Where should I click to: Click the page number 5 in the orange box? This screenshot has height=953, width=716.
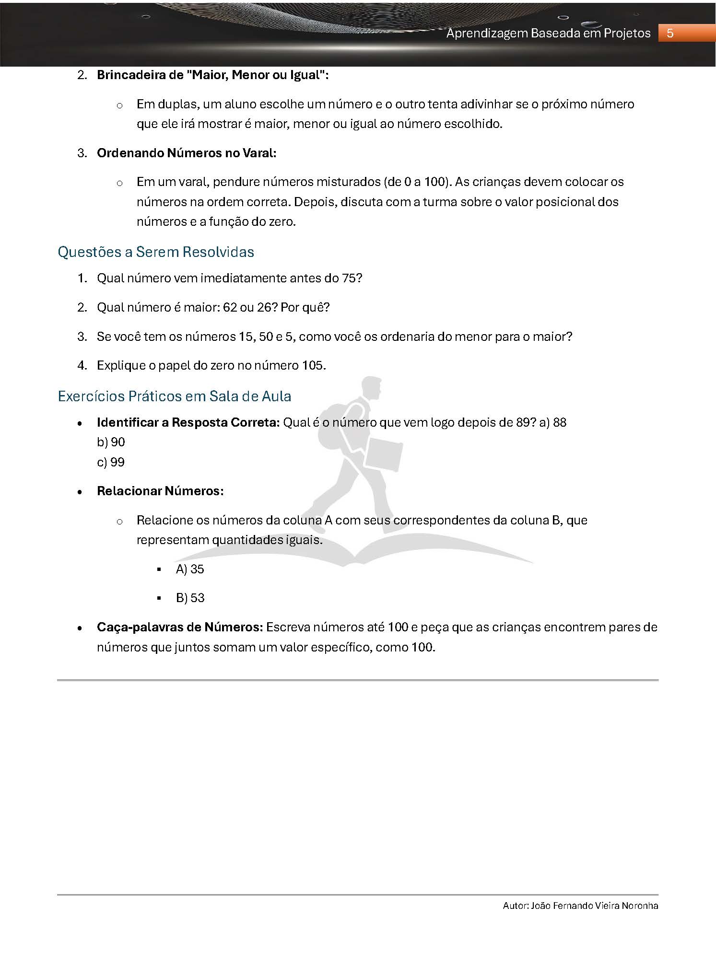[670, 33]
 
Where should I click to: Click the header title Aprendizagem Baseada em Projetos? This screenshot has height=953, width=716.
[548, 33]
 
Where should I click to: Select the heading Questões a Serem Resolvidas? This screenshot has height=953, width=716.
[156, 252]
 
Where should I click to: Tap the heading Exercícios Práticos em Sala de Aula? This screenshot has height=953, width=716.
[174, 396]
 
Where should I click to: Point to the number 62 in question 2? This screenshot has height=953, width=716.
[230, 307]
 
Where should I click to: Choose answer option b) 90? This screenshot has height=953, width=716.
[111, 442]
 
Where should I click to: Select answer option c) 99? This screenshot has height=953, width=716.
[111, 462]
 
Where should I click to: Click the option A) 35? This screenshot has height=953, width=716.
[190, 569]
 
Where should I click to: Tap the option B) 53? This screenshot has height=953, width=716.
[190, 598]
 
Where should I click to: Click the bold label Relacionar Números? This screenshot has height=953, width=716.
[160, 491]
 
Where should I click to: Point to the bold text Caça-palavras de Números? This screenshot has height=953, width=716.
[180, 628]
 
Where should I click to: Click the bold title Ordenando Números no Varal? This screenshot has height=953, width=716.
[187, 153]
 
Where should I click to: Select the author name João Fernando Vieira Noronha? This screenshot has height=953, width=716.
[595, 906]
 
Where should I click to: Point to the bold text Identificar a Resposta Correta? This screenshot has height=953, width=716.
[188, 422]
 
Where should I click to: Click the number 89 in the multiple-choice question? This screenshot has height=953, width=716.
[523, 422]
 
